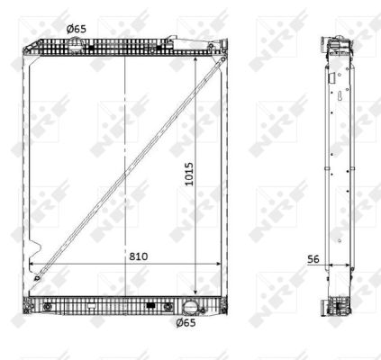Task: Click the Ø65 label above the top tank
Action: (x=77, y=29)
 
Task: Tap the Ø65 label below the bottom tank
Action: (x=186, y=323)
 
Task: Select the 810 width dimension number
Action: (x=139, y=256)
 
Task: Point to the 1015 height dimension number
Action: (x=189, y=174)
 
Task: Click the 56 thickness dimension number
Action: (x=313, y=259)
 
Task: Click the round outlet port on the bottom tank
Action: (x=190, y=307)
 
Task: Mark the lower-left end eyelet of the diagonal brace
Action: (x=37, y=278)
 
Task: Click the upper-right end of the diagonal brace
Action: (x=222, y=59)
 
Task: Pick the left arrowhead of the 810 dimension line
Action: (x=32, y=264)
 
